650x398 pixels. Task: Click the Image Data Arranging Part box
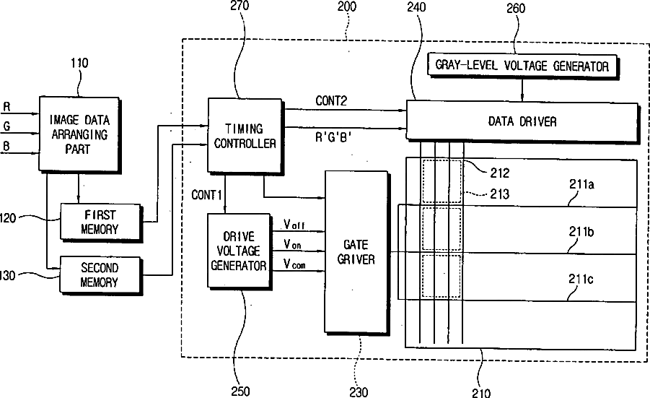(x=79, y=134)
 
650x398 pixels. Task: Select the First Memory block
(x=101, y=222)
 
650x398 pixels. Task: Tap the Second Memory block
(x=101, y=274)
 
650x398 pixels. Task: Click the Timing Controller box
(x=245, y=136)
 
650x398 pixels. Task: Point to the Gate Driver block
(x=356, y=251)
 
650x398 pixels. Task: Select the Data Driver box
(x=522, y=121)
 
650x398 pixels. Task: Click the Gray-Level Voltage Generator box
(x=522, y=65)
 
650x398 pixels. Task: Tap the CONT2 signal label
(x=331, y=100)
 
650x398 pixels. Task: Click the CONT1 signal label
(x=206, y=194)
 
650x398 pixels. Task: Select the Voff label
(x=294, y=225)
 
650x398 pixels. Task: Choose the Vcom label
(x=294, y=264)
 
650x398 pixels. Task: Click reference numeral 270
(x=240, y=5)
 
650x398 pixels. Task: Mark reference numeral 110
(x=79, y=63)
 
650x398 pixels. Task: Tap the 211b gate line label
(x=581, y=232)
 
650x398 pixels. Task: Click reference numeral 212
(x=499, y=173)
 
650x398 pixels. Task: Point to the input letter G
(x=6, y=126)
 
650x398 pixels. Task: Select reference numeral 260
(x=516, y=8)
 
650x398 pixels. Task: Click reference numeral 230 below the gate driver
(x=359, y=391)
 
